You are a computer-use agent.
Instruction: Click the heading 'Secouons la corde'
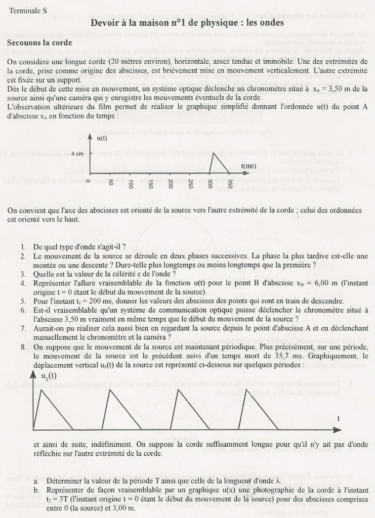(x=39, y=43)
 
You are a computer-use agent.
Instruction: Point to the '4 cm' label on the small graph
(x=77, y=154)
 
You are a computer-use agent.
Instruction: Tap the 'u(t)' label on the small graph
(x=102, y=138)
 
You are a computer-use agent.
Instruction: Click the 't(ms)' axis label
(x=248, y=165)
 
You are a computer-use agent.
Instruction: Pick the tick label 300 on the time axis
(x=210, y=184)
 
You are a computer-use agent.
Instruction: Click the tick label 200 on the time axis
(x=170, y=184)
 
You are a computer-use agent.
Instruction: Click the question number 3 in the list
(x=23, y=274)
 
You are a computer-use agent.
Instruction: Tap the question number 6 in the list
(x=23, y=310)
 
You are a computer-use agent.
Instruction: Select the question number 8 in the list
(x=23, y=347)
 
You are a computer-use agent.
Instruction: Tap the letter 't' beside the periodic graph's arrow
(x=338, y=418)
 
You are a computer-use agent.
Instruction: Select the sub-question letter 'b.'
(x=37, y=491)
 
